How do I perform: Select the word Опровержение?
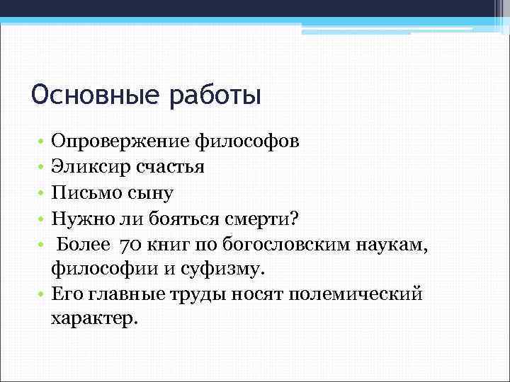coord(121,141)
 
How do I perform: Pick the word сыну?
coord(150,193)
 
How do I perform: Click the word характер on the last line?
coord(92,320)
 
